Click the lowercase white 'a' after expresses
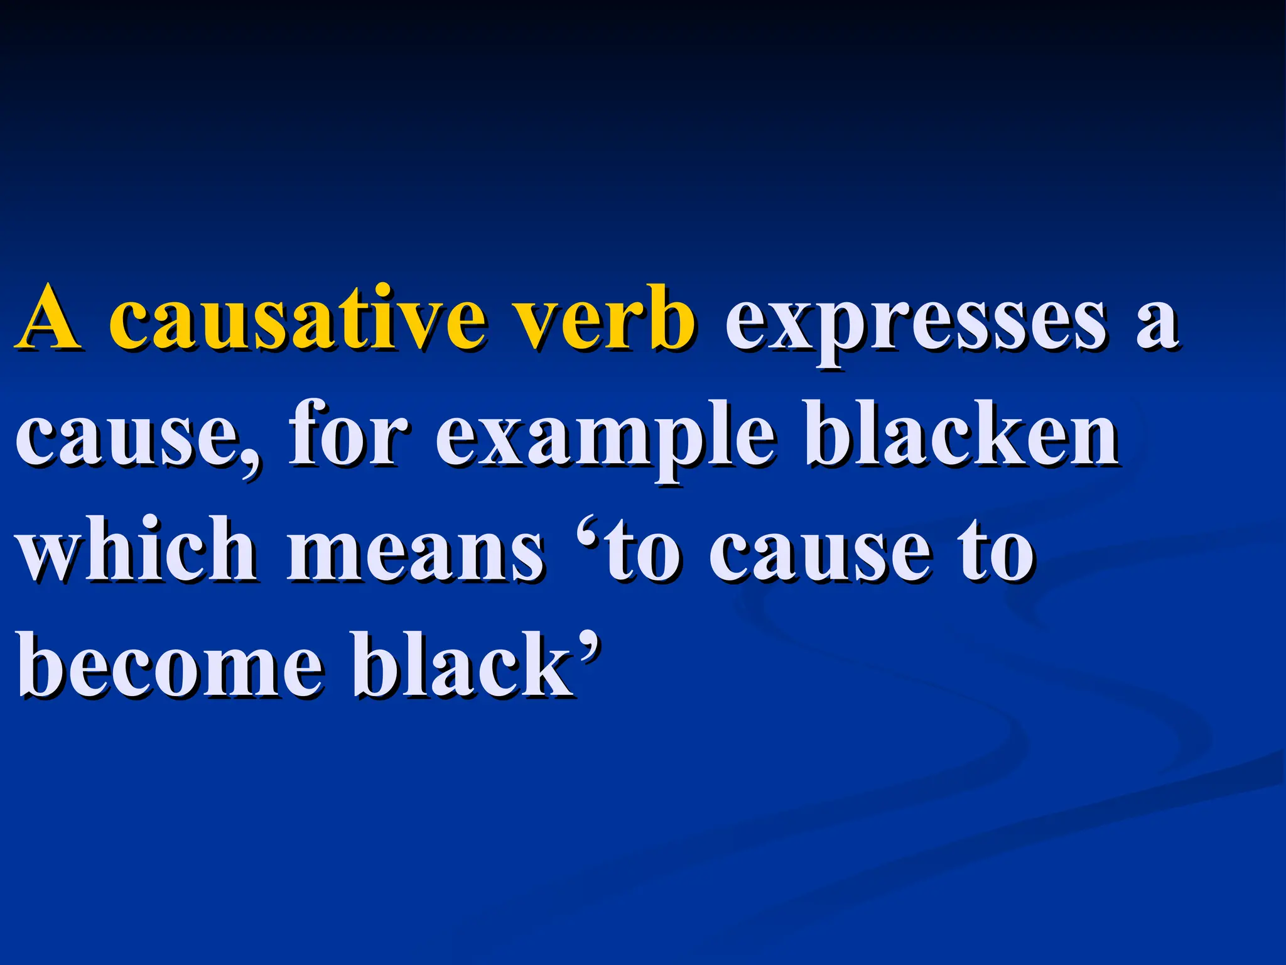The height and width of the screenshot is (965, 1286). pos(1157,324)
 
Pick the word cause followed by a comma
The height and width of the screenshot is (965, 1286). pos(129,437)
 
